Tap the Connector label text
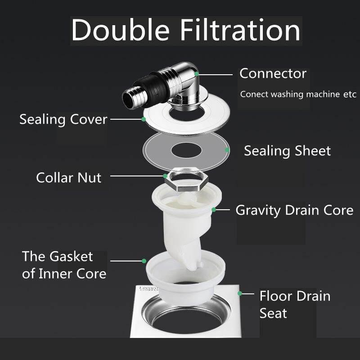pyautogui.click(x=273, y=73)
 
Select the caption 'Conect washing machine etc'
pyautogui.click(x=298, y=94)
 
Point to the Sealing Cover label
pyautogui.click(x=63, y=120)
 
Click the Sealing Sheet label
pyautogui.click(x=287, y=151)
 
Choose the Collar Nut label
pyautogui.click(x=69, y=177)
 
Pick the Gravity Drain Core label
pyautogui.click(x=294, y=210)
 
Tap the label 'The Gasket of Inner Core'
pyautogui.click(x=64, y=265)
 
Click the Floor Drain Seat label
pyautogui.click(x=295, y=304)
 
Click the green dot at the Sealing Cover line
pyautogui.click(x=144, y=119)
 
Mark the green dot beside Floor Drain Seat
pyautogui.click(x=240, y=293)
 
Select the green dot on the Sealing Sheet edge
pyautogui.click(x=227, y=150)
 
